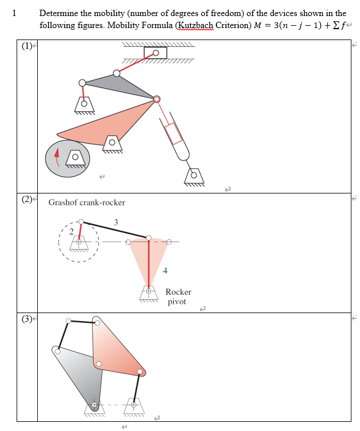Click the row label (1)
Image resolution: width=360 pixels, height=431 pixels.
[x=26, y=47]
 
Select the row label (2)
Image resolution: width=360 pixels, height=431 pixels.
[x=26, y=199]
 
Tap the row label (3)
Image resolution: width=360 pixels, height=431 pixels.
[x=26, y=319]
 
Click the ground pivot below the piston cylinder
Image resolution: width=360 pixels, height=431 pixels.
[x=193, y=175]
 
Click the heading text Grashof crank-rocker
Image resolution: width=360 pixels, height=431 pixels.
[x=86, y=203]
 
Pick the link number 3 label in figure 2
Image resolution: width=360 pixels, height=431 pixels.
[x=116, y=222]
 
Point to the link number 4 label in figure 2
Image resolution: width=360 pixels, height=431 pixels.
[x=165, y=270]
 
